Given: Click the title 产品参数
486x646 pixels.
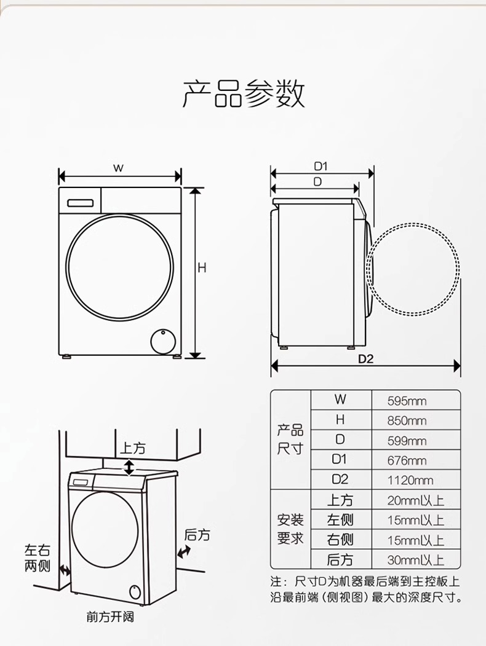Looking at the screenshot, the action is (x=244, y=94).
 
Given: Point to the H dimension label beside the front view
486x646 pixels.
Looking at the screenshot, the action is (x=201, y=268).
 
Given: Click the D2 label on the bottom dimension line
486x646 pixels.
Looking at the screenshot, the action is (x=366, y=359).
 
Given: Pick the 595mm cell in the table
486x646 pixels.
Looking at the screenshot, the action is (x=407, y=401).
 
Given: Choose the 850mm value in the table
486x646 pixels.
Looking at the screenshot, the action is (x=407, y=421).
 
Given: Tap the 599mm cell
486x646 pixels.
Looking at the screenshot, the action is (x=407, y=441).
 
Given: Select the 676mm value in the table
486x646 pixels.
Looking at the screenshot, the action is (x=407, y=460).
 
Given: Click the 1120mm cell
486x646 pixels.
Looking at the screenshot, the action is (x=410, y=480).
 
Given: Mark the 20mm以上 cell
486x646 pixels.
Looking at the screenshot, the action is (x=415, y=500).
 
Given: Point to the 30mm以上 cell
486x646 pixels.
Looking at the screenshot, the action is (x=415, y=559).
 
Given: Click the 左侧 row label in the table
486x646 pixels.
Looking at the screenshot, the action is (x=340, y=520).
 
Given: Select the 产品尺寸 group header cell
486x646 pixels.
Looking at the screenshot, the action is (x=290, y=439).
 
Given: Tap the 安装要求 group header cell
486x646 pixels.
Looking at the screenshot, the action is (x=290, y=529).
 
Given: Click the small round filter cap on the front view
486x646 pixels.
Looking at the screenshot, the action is (x=163, y=340).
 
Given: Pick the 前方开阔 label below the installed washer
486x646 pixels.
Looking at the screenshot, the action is (x=110, y=616).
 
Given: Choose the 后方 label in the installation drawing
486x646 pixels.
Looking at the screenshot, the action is (x=197, y=535).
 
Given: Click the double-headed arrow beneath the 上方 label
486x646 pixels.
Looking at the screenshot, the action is (x=129, y=467).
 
